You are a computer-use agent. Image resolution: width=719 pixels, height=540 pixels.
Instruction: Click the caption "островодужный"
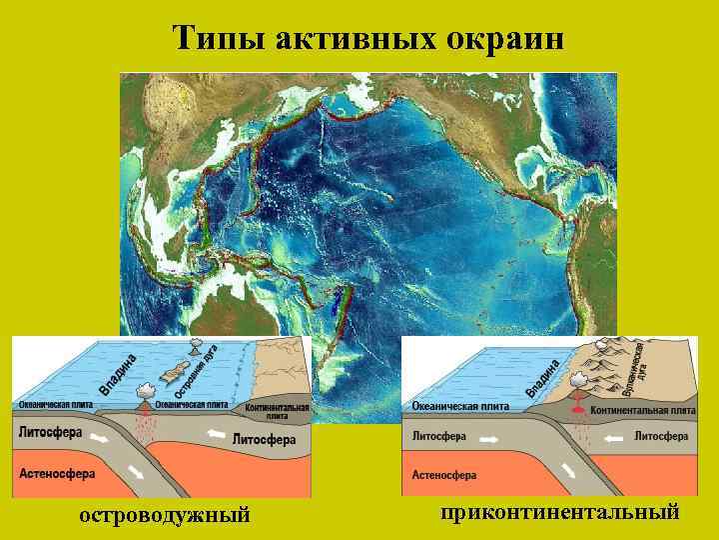[164, 515]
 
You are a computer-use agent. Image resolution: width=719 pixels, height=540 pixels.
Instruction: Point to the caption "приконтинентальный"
[559, 512]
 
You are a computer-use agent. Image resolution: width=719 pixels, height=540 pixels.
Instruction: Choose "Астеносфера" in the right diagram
[444, 475]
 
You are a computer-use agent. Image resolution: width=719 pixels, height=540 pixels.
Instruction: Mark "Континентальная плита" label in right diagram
[642, 410]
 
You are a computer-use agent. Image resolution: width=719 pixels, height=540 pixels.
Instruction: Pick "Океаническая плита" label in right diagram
[460, 406]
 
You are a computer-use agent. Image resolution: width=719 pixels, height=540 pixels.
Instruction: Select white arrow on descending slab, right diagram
[567, 469]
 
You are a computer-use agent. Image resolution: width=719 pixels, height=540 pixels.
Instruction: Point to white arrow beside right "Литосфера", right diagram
[618, 437]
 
